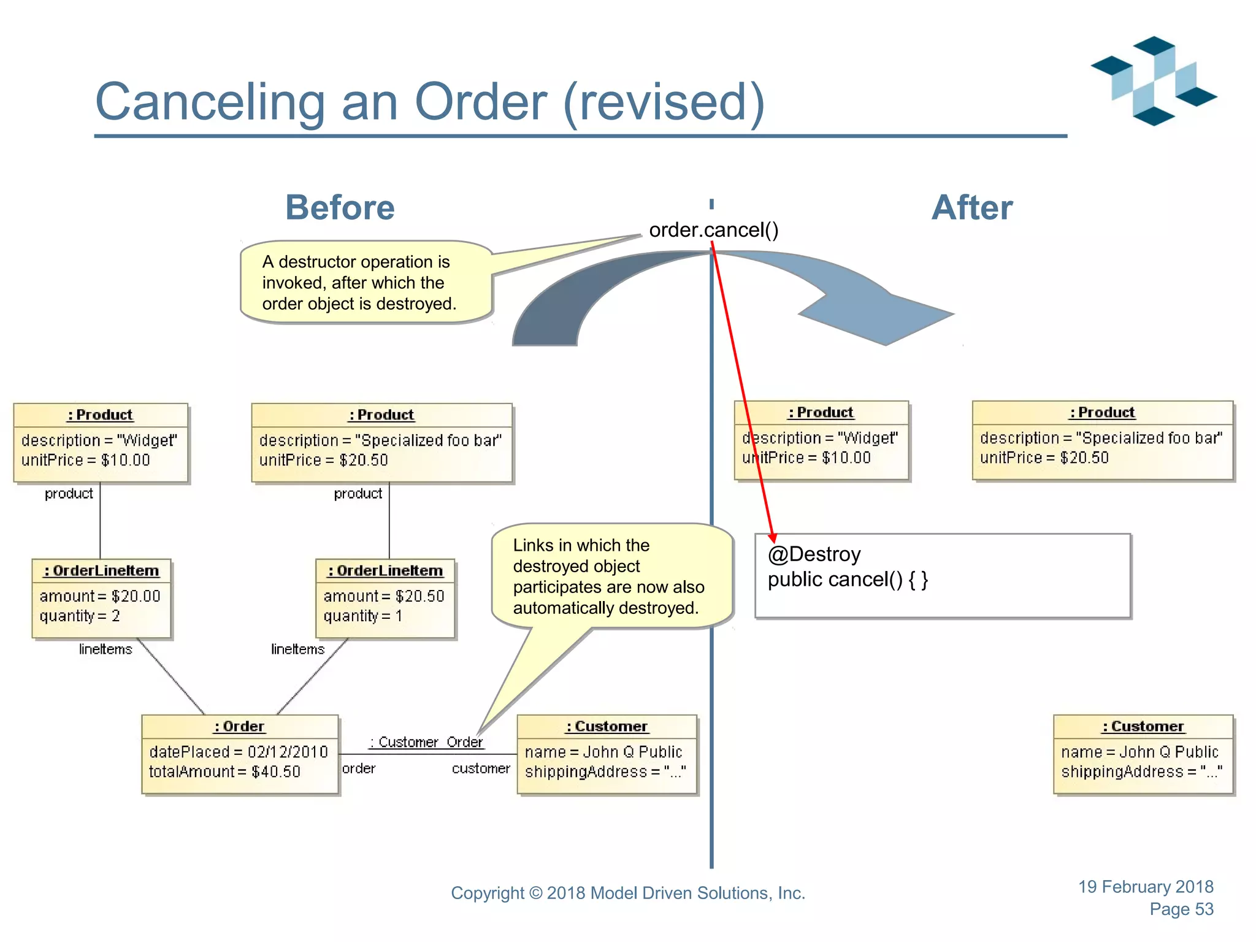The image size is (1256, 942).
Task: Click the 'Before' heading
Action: [x=340, y=207]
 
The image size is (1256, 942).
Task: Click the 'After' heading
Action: [x=971, y=207]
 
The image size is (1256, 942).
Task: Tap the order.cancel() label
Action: [x=713, y=230]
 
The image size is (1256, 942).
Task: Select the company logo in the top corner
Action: [x=1153, y=81]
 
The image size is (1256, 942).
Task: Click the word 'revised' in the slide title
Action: [x=663, y=102]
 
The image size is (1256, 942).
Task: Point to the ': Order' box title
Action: [x=239, y=726]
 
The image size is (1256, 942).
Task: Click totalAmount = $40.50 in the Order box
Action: [x=224, y=772]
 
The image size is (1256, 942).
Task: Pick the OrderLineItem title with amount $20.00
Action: [x=101, y=570]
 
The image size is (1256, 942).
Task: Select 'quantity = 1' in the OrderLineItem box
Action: [x=362, y=616]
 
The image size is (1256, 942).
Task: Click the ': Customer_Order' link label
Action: [x=426, y=742]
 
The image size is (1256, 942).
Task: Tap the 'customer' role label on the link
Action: [x=481, y=768]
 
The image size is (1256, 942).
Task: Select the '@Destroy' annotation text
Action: [x=814, y=554]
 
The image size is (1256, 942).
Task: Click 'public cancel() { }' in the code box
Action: [x=848, y=580]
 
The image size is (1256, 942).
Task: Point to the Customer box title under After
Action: [x=1143, y=726]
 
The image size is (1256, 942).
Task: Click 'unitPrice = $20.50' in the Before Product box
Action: [x=323, y=460]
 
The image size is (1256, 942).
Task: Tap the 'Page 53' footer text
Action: [x=1181, y=909]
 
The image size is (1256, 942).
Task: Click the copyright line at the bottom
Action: [x=627, y=893]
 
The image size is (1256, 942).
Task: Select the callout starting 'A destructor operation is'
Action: [x=359, y=283]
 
